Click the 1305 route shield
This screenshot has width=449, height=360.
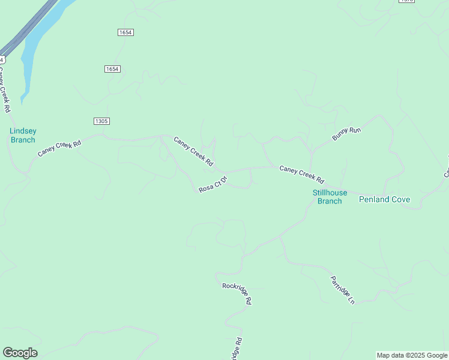101,121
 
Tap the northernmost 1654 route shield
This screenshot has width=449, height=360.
125,32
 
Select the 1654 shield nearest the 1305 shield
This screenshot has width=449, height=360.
112,69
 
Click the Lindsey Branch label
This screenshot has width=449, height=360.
23,135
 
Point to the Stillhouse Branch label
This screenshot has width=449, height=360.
330,197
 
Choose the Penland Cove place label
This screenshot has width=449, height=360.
384,199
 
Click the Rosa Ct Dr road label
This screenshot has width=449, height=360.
213,184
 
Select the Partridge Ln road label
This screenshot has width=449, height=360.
343,290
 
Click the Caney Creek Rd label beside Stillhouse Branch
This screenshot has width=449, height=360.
301,175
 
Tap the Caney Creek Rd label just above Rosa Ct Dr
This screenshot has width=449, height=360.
193,151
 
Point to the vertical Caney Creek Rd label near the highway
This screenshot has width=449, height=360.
5,90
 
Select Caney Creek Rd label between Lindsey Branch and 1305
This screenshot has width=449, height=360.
59,149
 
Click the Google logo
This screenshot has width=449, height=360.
20,353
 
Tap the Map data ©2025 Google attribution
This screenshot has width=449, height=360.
412,355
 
